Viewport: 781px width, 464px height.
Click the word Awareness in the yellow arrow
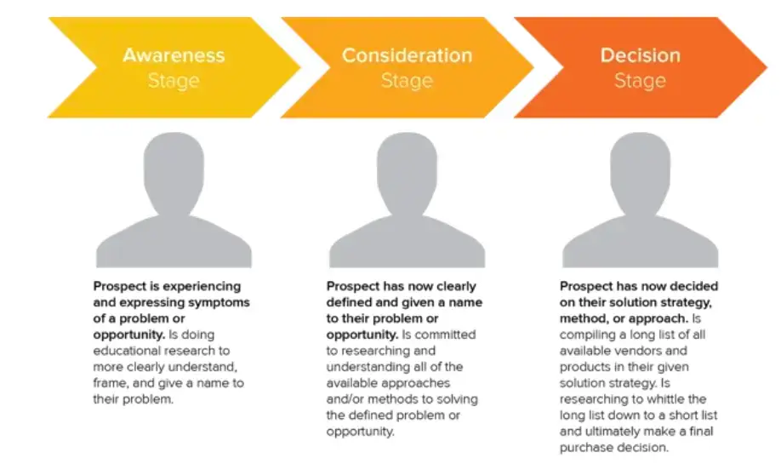pos(174,55)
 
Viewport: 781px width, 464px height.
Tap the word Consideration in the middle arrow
pos(407,55)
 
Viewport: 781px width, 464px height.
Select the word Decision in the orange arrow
pos(640,55)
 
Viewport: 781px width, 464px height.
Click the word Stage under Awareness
pos(174,81)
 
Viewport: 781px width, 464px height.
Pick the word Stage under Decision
pos(640,81)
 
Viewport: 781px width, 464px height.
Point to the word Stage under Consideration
pos(407,81)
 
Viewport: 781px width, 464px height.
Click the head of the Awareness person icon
pos(174,167)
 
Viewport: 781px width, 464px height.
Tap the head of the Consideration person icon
pos(407,167)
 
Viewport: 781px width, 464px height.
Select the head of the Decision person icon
pos(640,167)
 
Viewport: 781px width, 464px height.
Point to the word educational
pos(128,351)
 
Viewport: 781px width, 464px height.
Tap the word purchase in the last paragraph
pos(596,448)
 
